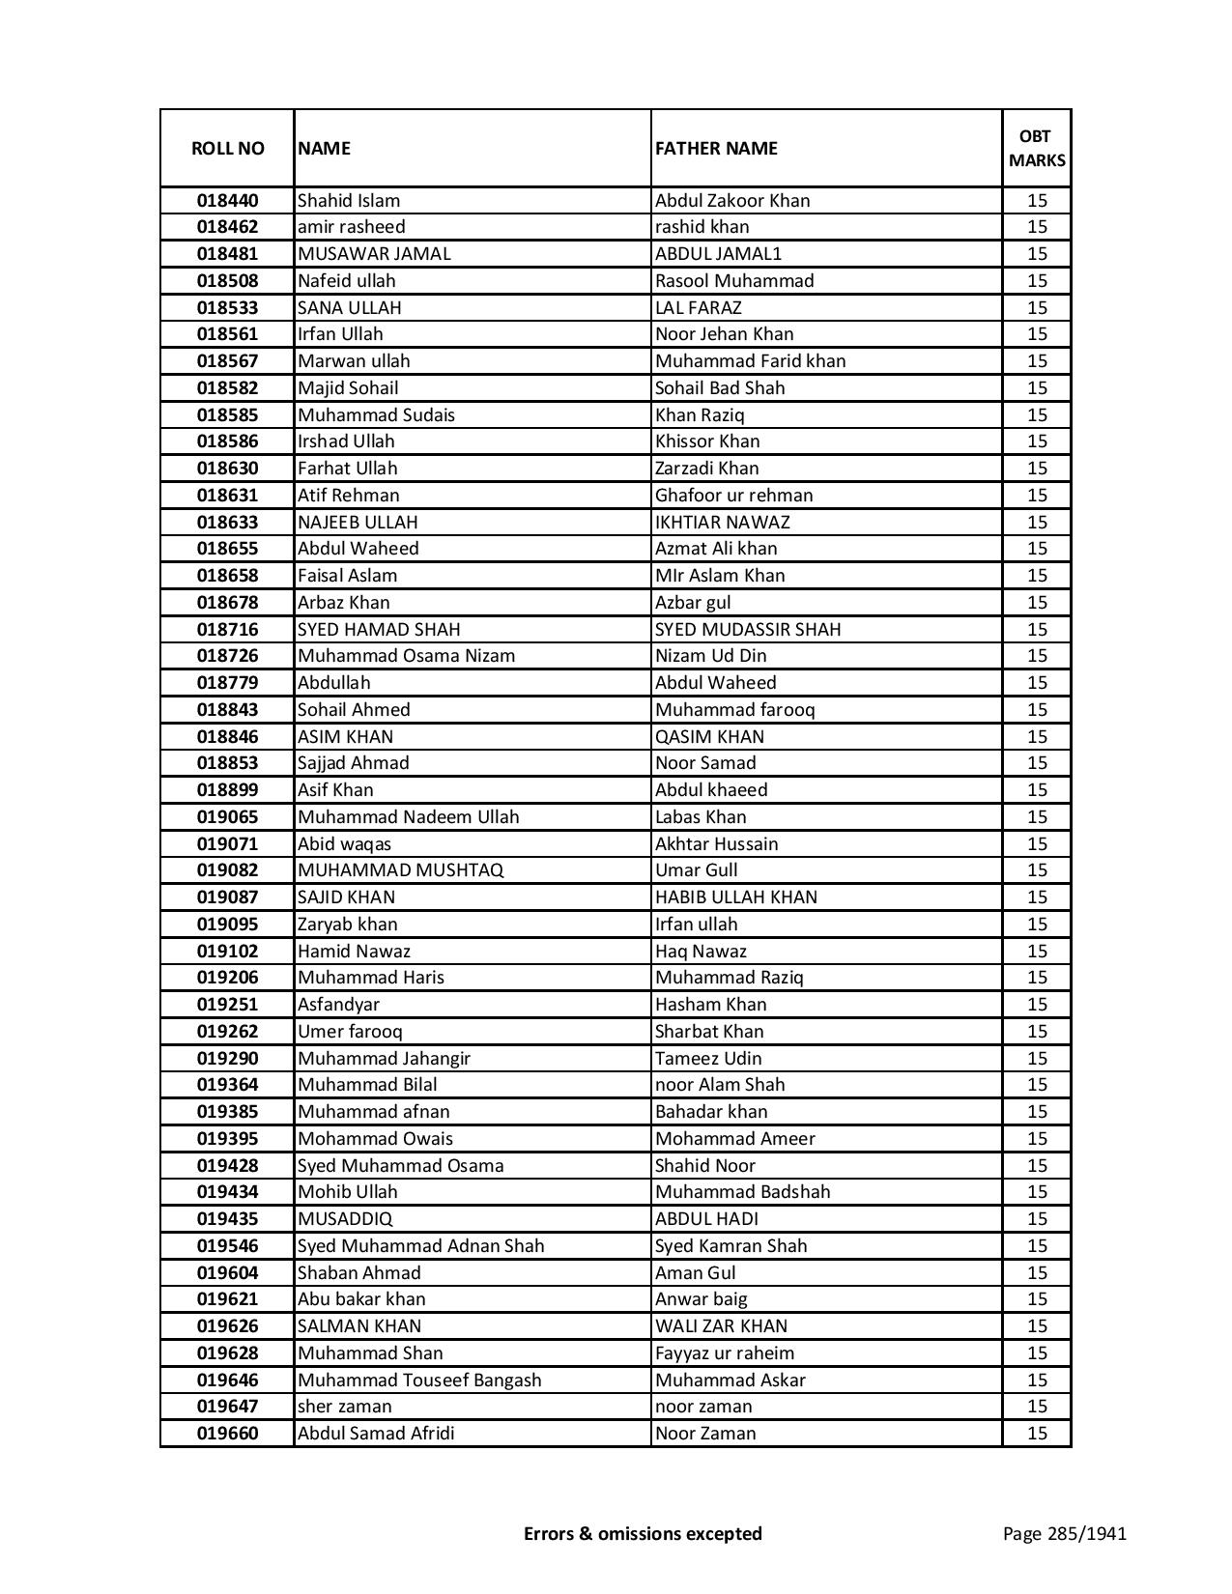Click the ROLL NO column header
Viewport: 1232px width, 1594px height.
point(227,148)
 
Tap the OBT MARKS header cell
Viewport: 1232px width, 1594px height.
point(1037,148)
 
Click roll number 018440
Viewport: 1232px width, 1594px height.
point(227,201)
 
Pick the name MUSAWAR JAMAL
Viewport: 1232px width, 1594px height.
point(374,254)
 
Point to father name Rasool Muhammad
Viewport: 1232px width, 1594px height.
point(734,281)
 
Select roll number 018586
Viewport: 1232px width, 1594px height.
point(227,441)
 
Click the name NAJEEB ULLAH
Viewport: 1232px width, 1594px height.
point(358,523)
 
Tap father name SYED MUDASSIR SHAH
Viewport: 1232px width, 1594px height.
point(748,630)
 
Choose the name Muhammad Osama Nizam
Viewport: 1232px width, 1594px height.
point(406,656)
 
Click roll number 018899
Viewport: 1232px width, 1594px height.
point(227,790)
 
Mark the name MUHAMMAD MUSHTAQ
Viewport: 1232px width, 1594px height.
point(400,870)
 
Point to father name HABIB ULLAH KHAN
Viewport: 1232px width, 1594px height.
point(735,897)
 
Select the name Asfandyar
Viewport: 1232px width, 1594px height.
point(338,1005)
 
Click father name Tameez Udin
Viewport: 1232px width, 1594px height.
point(708,1059)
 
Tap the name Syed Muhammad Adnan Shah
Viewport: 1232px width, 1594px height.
point(420,1246)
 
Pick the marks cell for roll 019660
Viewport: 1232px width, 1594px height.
point(1037,1434)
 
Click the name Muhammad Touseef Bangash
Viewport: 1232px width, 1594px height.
point(419,1381)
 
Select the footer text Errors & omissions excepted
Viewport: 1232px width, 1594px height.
point(643,1533)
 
